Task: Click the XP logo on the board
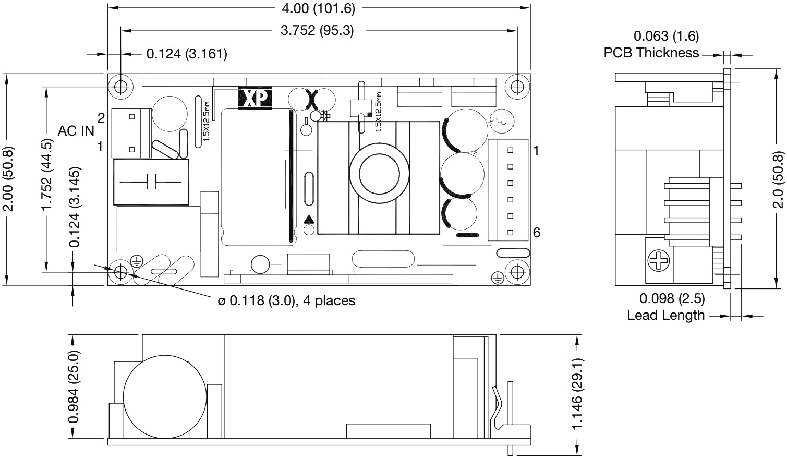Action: tap(255, 98)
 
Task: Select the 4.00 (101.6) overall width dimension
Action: tap(318, 8)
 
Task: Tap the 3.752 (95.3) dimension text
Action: tap(317, 31)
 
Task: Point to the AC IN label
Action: tap(76, 131)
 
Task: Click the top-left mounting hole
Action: tap(120, 87)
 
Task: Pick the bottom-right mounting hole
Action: tap(517, 271)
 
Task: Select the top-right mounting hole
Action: tap(517, 87)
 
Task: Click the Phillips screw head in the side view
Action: tap(659, 261)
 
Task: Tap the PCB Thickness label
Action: tap(651, 53)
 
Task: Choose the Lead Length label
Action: tap(666, 315)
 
